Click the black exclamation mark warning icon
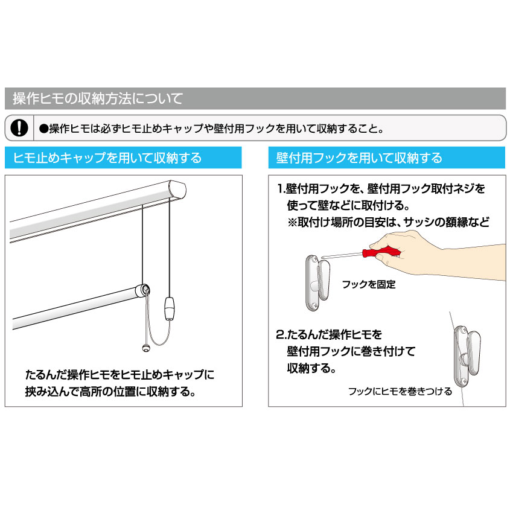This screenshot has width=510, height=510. pyautogui.click(x=19, y=128)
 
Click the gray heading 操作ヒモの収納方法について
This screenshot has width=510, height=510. pyautogui.click(x=98, y=98)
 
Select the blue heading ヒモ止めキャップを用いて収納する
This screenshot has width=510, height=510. pyautogui.click(x=107, y=158)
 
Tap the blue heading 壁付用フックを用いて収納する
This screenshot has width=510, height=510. pyautogui.click(x=359, y=158)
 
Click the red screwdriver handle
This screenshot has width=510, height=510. pyautogui.click(x=381, y=252)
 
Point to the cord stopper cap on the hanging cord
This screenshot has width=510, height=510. pyautogui.click(x=170, y=308)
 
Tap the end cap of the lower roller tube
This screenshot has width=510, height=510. pyautogui.click(x=143, y=290)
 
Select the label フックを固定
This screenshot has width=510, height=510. pyautogui.click(x=369, y=284)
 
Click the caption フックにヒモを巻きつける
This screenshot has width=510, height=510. pyautogui.click(x=400, y=391)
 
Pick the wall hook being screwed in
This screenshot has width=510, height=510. pyautogui.click(x=317, y=283)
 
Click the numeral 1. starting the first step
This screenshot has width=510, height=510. pyautogui.click(x=281, y=189)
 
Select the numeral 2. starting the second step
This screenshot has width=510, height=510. pyautogui.click(x=281, y=334)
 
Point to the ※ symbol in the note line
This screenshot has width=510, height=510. pyautogui.click(x=292, y=222)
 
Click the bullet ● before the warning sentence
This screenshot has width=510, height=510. pyautogui.click(x=43, y=129)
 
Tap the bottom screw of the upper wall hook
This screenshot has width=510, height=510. pyautogui.click(x=314, y=305)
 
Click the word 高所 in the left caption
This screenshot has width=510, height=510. pyautogui.click(x=90, y=391)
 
